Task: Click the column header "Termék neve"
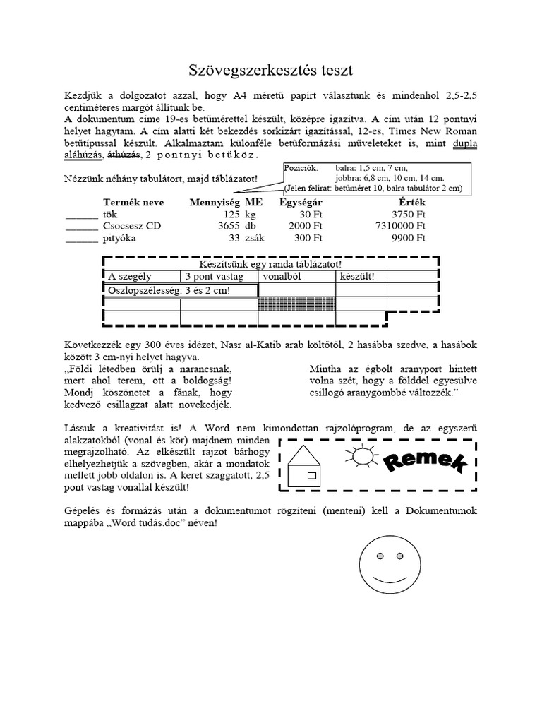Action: click(x=133, y=203)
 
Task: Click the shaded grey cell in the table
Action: click(x=297, y=304)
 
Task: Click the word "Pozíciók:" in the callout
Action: click(x=300, y=169)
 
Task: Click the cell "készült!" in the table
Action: click(x=357, y=277)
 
